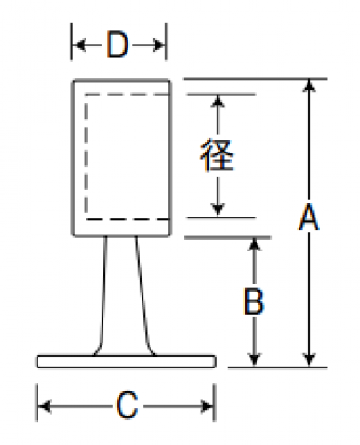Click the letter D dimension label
118,45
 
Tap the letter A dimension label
309,217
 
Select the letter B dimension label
253,301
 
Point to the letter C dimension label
127,406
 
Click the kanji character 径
217,154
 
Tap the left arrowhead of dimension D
78,45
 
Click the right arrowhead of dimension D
159,45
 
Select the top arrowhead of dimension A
309,86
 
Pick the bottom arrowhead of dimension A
309,360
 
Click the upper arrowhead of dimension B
254,244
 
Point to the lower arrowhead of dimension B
254,360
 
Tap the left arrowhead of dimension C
45,406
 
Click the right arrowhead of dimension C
207,406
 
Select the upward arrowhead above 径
217,101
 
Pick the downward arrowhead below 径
217,210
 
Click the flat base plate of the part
127,361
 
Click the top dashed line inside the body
127,95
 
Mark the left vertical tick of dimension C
37,403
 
